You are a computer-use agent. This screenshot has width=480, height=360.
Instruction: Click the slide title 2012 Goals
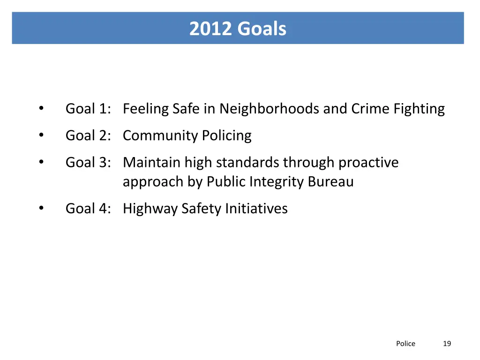coord(238,29)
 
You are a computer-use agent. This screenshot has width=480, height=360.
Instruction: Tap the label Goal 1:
coord(88,109)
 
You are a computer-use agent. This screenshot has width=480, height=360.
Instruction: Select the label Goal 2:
coord(88,135)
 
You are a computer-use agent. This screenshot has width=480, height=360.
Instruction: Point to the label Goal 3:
coord(88,163)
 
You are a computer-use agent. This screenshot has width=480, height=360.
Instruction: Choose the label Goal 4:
coord(88,208)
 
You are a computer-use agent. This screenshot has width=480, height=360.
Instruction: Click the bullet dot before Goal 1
coord(41,109)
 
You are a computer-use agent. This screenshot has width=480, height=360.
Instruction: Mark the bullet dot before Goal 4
coord(41,208)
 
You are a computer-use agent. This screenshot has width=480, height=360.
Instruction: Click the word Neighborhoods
coord(270,109)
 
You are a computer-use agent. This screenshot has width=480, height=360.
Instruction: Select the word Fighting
coord(419,109)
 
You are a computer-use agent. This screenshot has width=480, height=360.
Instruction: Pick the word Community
coord(160,135)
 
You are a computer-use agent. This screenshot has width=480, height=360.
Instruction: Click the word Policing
coord(226,135)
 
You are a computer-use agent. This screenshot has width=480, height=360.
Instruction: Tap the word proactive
coord(368,163)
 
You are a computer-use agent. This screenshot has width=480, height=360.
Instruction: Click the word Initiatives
coord(256,208)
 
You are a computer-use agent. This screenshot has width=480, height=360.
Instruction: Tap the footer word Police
coord(405,344)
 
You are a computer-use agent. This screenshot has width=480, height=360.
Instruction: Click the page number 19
coord(447,344)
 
